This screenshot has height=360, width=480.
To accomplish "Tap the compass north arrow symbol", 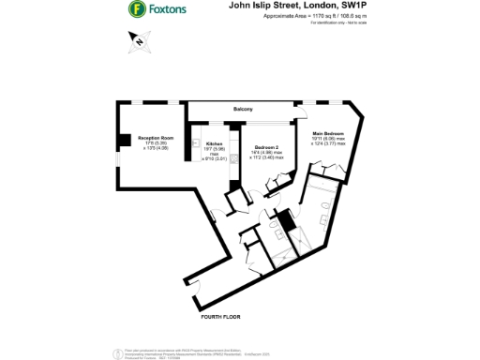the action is [x=137, y=40].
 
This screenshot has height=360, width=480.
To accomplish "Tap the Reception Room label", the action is [x=152, y=135].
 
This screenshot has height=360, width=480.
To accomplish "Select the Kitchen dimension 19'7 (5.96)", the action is [x=215, y=149].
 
